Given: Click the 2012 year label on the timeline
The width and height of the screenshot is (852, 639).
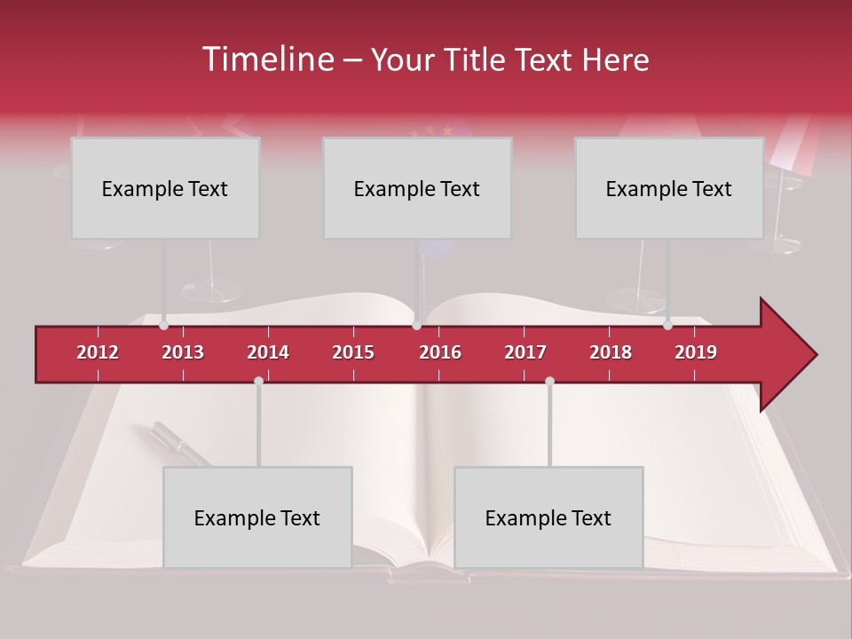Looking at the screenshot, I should tap(98, 352).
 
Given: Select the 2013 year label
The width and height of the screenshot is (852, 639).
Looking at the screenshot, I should tap(183, 352).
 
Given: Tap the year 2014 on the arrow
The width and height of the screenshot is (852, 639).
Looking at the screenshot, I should tap(268, 352).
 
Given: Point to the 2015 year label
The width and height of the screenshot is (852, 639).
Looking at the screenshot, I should tap(353, 352).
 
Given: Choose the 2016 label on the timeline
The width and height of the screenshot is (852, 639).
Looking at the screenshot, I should tap(440, 352).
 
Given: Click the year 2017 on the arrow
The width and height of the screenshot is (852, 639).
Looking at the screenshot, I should tap(525, 352).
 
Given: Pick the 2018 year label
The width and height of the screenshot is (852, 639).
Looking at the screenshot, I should tap(611, 352).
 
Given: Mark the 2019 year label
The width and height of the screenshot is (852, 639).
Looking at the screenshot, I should tap(696, 352).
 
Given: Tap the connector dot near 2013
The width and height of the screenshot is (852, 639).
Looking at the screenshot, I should tap(164, 326).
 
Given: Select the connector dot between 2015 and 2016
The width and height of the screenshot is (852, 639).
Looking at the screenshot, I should tap(416, 326).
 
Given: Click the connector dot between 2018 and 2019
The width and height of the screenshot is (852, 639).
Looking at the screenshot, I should tap(667, 326).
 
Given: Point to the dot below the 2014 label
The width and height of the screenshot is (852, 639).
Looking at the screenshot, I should tap(258, 381).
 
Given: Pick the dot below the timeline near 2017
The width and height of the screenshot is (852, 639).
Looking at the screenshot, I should tap(549, 381).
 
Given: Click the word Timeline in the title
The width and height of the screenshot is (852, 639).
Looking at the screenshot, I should tap(266, 59).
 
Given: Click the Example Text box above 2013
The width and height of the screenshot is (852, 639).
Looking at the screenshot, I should tap(165, 188).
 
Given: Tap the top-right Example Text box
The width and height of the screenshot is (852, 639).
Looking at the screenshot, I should tap(669, 188).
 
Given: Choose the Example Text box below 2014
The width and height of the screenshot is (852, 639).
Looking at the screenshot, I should tap(257, 517).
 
